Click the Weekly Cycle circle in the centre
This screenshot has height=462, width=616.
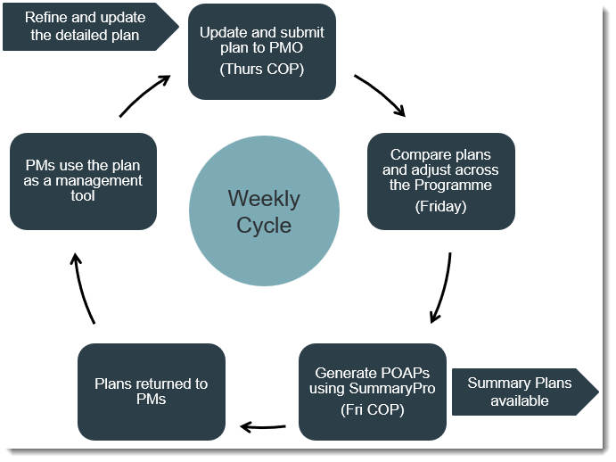(x=264, y=211)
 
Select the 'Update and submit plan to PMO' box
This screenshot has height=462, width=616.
(x=261, y=51)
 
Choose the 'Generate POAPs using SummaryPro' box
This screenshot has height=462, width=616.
(x=372, y=392)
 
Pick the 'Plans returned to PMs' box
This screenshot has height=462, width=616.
(x=152, y=392)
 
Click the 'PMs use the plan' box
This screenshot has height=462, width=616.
(x=83, y=181)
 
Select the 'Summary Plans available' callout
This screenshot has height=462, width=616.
(x=519, y=392)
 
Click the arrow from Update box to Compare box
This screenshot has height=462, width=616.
(x=380, y=95)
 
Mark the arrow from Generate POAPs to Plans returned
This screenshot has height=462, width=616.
(x=264, y=427)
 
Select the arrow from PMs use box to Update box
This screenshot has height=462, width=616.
(x=144, y=95)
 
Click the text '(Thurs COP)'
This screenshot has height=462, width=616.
(x=261, y=69)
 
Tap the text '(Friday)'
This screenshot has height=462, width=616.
(x=441, y=206)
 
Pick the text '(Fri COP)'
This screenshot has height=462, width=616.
(x=372, y=410)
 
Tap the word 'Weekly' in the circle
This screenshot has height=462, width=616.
(x=264, y=198)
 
